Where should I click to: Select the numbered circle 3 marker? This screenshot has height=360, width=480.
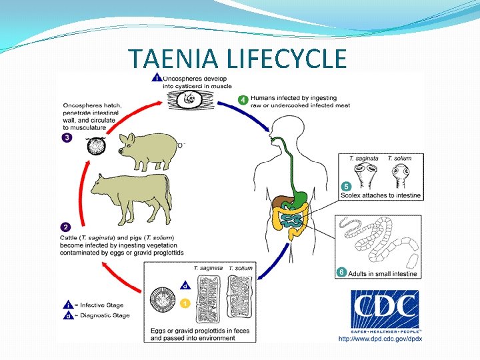(67, 138)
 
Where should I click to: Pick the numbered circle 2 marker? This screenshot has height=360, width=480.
(67, 227)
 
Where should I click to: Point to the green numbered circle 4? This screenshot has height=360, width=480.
(244, 100)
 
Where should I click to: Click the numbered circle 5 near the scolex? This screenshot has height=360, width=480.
(346, 186)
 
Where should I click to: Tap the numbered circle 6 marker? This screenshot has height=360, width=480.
(342, 272)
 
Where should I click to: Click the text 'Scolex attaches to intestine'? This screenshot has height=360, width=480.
(380, 195)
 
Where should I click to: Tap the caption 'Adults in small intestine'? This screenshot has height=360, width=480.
(382, 273)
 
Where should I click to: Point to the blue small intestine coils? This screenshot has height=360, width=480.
(291, 221)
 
